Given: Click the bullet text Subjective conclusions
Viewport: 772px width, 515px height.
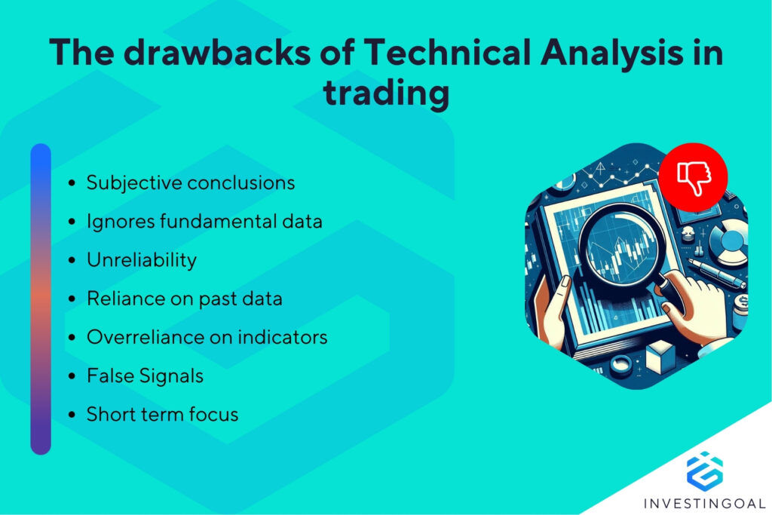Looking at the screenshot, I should point(191,182).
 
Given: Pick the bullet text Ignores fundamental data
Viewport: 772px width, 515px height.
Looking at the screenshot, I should point(204,222).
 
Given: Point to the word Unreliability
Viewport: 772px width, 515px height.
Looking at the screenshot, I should point(142,260).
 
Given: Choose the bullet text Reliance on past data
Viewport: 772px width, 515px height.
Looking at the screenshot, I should point(185,299).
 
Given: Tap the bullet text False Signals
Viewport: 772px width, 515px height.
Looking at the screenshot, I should point(145,376).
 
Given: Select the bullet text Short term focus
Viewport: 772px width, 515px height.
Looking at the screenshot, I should point(162,414).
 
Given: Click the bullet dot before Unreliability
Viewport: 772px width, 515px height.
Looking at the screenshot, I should point(72,261).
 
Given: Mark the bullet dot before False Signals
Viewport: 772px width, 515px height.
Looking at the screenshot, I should point(72,376).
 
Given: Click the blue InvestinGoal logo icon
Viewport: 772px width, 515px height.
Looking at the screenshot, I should point(704,469).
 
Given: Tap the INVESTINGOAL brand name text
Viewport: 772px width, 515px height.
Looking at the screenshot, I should point(704,502).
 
